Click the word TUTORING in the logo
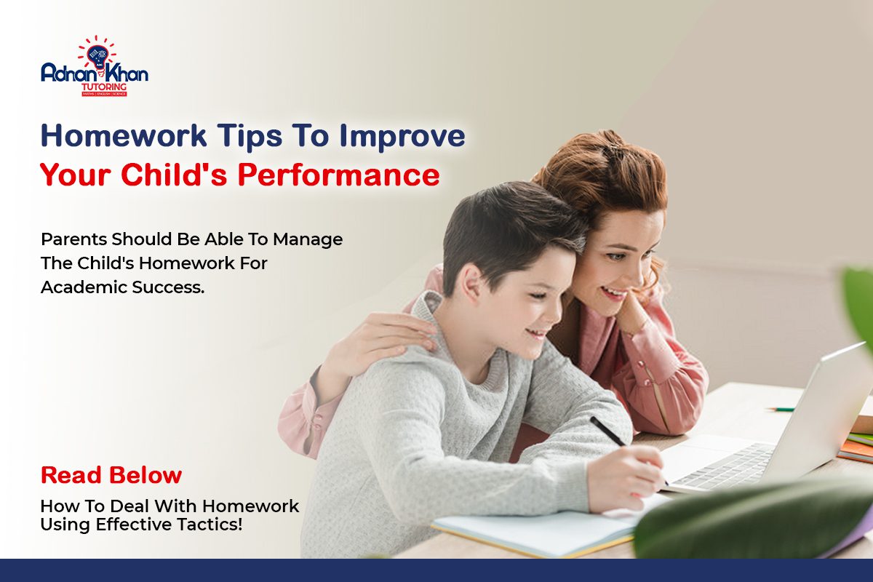click(x=105, y=87)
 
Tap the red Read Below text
click(x=111, y=475)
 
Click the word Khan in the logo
click(x=123, y=73)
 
